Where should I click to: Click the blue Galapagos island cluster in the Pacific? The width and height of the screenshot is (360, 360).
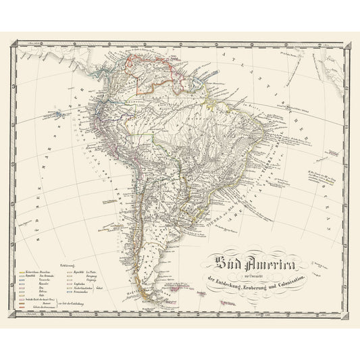pyautogui.click(x=61, y=110)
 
